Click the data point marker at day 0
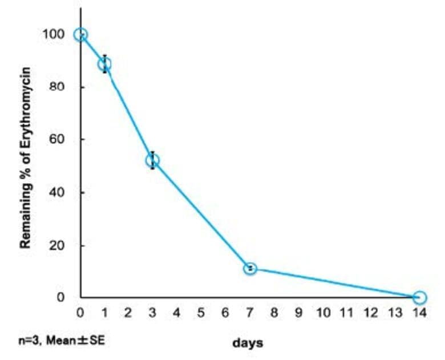80,34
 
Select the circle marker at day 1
104,64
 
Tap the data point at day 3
152,160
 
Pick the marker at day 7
250,268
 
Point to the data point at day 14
419,297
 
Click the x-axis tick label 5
201,313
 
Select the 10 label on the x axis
323,313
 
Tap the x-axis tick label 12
371,313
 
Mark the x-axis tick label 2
129,313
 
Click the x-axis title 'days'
248,343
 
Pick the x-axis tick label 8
274,313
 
